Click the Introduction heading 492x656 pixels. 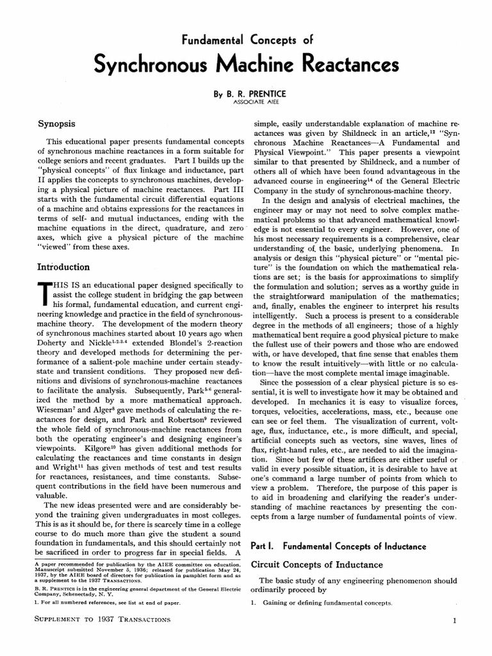point(63,266)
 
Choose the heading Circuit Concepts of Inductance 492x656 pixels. point(316,564)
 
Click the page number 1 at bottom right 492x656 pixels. point(454,621)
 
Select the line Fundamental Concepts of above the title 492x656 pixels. point(246,40)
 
